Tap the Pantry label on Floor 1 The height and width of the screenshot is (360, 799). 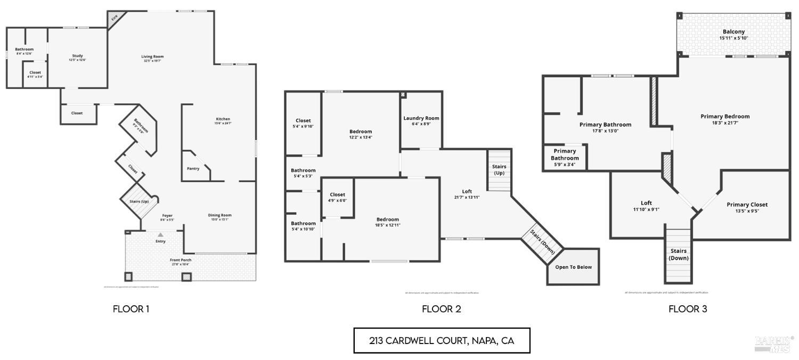[193, 169]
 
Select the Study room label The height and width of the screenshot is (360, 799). [78, 56]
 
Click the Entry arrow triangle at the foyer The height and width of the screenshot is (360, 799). [160, 234]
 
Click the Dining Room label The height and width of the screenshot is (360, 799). [219, 215]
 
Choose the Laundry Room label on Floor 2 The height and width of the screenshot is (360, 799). [421, 118]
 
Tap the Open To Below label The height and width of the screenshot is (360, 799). [573, 267]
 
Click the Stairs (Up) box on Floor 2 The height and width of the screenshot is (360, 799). [499, 170]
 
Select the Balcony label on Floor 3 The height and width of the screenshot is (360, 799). [733, 32]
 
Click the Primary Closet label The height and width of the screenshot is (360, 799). [747, 204]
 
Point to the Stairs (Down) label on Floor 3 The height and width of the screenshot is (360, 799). [679, 254]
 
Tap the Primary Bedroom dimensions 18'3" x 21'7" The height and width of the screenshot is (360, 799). [724, 122]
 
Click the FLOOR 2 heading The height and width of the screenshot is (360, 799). [441, 309]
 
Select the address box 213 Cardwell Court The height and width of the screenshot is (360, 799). [442, 341]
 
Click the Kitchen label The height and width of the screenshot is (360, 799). [223, 119]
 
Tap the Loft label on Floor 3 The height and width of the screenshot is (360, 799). [646, 203]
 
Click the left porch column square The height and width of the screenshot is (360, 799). [128, 276]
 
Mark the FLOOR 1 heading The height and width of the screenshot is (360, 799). [131, 309]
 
